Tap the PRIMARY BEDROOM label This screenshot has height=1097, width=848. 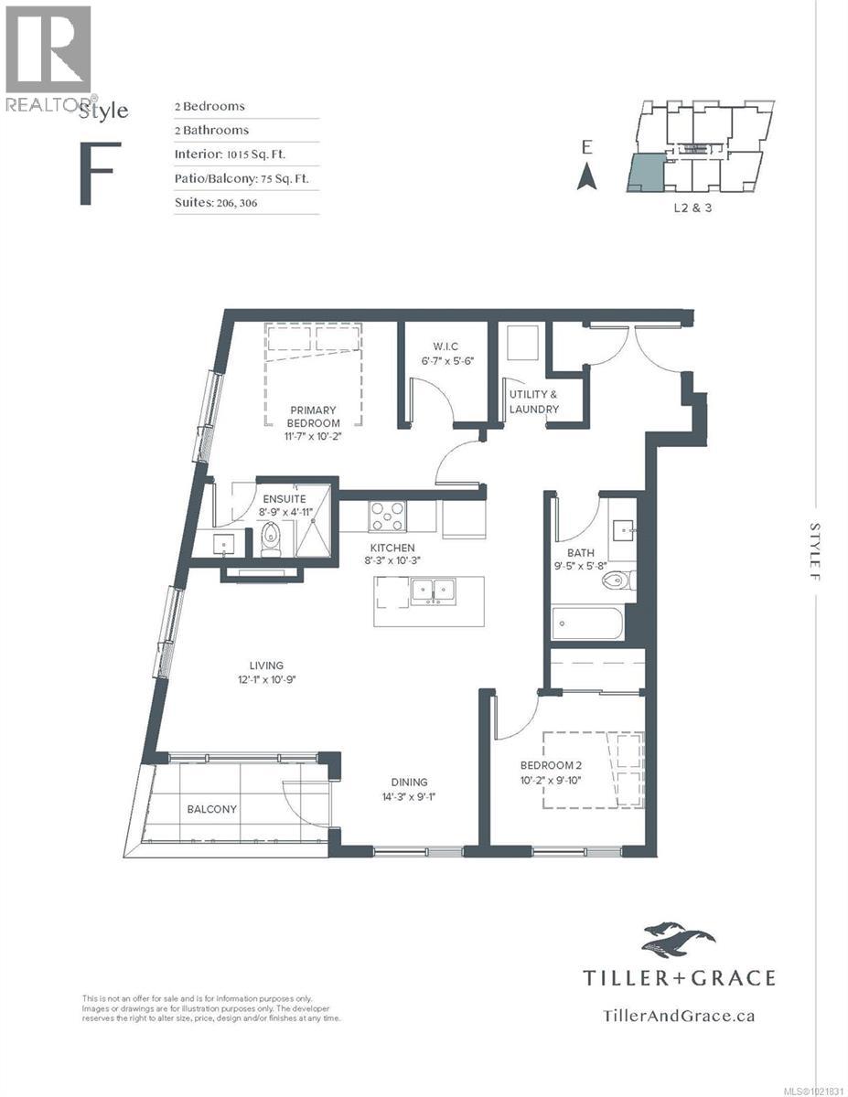(x=314, y=417)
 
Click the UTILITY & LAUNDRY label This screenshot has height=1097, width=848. (x=533, y=401)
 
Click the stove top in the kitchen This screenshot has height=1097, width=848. (x=388, y=517)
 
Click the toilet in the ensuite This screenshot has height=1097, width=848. (x=271, y=538)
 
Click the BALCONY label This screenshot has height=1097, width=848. (x=212, y=809)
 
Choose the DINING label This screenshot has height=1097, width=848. (x=403, y=783)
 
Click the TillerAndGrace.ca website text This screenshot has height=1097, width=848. (x=679, y=1015)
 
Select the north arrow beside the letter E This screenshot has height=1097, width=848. (x=587, y=176)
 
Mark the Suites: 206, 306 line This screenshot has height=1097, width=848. (x=216, y=202)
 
